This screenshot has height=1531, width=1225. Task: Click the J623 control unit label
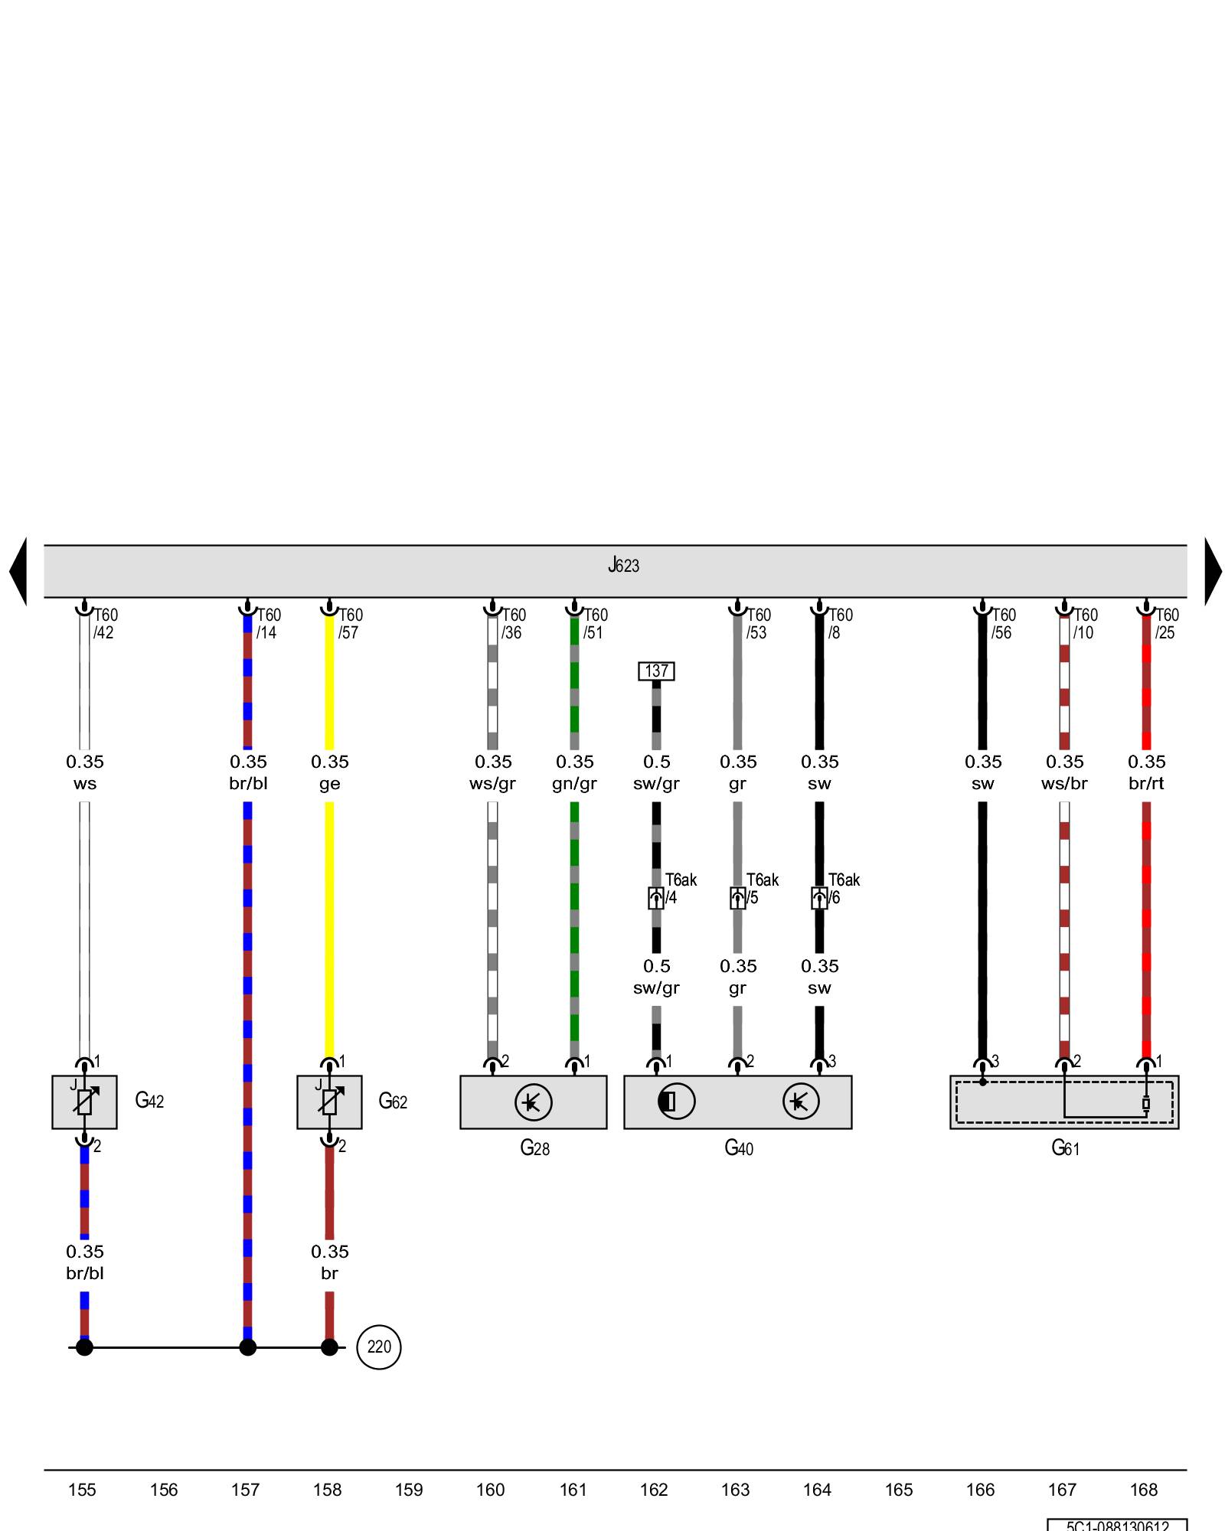pos(623,566)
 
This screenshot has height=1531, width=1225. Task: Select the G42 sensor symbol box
pos(84,1102)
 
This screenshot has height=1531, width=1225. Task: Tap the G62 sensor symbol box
pos(329,1102)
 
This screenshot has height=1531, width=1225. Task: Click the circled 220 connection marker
pos(379,1347)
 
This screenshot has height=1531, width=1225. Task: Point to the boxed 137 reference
pos(656,671)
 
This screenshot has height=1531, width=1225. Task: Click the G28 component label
pos(534,1148)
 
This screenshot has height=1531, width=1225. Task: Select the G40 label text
pos(739,1148)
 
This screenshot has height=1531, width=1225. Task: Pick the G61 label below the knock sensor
pos(1065,1148)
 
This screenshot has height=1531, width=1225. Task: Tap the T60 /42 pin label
pos(105,624)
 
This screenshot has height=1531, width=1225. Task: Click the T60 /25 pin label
pos(1166,624)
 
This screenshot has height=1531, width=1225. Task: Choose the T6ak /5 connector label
pos(762,889)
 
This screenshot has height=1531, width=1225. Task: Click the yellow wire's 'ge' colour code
pos(330,784)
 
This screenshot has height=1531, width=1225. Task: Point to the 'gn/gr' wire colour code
pos(574,784)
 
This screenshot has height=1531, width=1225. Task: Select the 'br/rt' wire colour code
pos(1146,784)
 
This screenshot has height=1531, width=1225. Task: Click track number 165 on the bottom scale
pos(899,1490)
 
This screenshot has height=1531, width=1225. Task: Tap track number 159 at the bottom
pos(409,1490)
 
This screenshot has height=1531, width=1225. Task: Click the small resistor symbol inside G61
pos(1146,1104)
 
